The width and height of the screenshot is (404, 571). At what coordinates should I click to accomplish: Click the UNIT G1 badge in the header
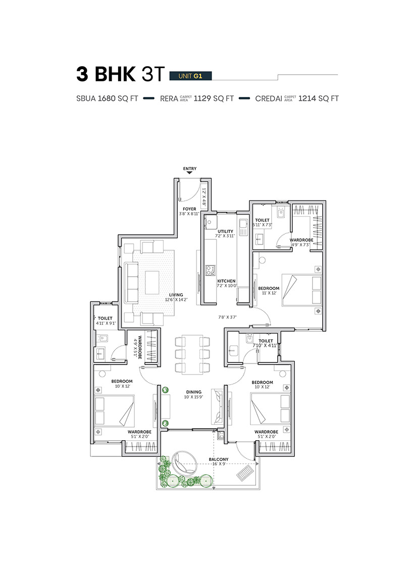click(190, 76)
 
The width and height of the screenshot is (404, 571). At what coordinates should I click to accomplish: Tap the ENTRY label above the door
click(190, 169)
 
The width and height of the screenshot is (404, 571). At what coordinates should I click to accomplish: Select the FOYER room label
click(189, 209)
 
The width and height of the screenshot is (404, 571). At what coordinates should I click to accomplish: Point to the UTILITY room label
click(226, 231)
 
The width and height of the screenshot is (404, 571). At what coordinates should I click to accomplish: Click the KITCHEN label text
click(226, 281)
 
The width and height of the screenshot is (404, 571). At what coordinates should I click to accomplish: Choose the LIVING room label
click(176, 295)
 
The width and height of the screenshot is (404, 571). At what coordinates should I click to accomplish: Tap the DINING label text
click(194, 392)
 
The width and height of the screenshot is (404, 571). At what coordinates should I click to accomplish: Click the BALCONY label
click(219, 459)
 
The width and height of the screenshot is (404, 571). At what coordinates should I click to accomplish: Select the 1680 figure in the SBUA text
click(107, 98)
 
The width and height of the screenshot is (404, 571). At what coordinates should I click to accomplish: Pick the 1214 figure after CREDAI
click(307, 98)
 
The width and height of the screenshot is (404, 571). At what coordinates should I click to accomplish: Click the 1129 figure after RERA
click(202, 98)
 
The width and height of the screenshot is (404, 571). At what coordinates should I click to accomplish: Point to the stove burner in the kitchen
click(210, 270)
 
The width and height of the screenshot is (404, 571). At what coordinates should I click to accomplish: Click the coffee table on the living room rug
click(153, 282)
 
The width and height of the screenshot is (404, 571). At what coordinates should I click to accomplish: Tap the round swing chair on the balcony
click(184, 463)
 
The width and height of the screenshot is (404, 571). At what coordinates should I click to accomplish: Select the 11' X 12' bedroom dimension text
click(269, 293)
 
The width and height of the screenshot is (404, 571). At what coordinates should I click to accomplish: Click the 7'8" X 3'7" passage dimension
click(227, 317)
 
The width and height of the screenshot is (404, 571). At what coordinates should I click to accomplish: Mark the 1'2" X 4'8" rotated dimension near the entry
click(204, 197)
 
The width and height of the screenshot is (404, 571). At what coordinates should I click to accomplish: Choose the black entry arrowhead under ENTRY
click(189, 173)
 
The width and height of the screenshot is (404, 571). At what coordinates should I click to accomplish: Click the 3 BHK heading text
click(106, 74)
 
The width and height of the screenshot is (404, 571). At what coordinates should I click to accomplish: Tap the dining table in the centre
click(192, 354)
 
